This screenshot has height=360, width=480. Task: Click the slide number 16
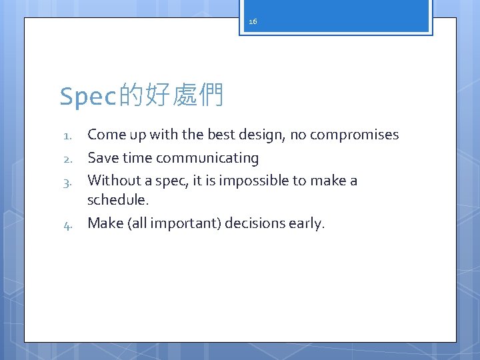(x=253, y=22)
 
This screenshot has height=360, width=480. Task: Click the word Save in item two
(x=103, y=158)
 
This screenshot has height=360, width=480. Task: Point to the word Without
(x=112, y=180)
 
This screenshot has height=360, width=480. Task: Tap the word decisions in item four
(x=254, y=223)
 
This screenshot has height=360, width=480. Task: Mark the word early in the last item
(x=305, y=223)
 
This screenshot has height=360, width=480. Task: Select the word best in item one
(x=222, y=135)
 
